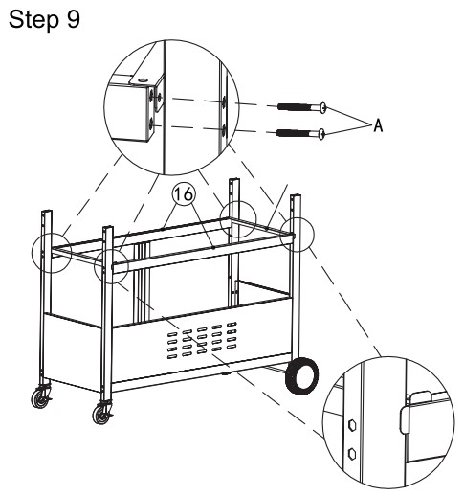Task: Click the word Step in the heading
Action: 33,20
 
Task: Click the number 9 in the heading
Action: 74,19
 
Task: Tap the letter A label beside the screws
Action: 378,125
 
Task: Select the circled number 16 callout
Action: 184,194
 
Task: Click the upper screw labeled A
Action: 302,107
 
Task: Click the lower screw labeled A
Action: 300,133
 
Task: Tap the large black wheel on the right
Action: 301,376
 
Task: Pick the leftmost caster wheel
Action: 41,398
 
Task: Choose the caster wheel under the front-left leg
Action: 102,414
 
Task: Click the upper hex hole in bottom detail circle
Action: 352,425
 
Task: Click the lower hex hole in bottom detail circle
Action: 352,453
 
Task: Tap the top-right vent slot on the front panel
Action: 232,325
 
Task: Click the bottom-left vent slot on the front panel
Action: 172,356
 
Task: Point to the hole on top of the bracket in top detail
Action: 144,79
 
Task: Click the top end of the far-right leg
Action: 296,196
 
